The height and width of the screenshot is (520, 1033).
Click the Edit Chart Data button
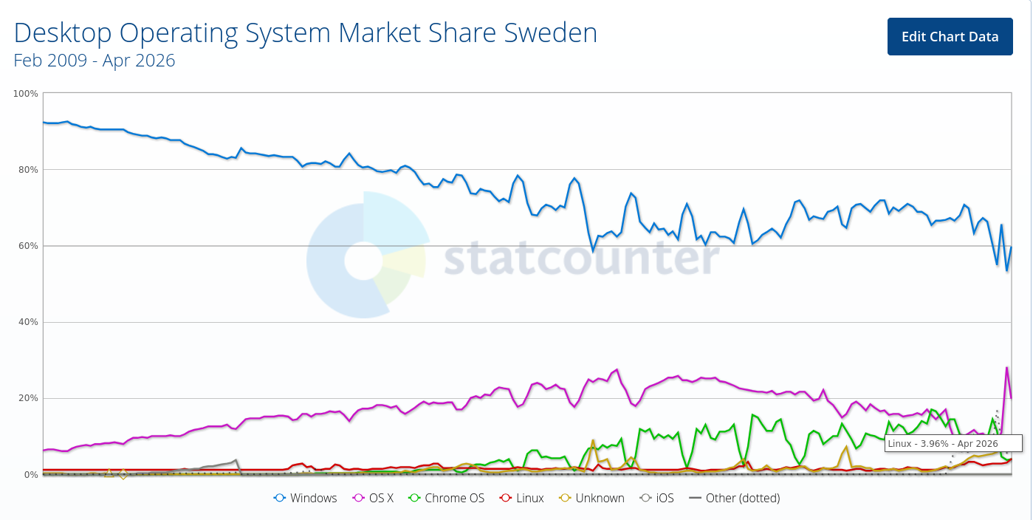click(x=950, y=37)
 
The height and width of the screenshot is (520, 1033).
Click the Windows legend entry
click(x=306, y=498)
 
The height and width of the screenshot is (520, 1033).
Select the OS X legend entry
click(x=374, y=498)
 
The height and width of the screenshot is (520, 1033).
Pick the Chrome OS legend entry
click(x=447, y=498)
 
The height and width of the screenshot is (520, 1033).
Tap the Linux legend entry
click(x=522, y=498)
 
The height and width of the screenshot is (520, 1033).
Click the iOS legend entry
click(x=657, y=498)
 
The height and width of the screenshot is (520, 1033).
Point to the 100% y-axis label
click(x=26, y=94)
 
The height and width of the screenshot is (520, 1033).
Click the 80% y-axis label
click(x=28, y=170)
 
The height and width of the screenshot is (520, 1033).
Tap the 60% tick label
click(x=28, y=246)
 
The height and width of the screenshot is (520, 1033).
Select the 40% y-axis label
click(x=28, y=322)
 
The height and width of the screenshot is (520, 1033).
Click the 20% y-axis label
click(x=28, y=398)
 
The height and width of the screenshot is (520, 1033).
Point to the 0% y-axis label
click(x=30, y=474)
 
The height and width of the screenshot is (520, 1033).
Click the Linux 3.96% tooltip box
click(x=953, y=443)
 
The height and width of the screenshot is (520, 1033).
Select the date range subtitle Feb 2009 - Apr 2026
click(x=95, y=61)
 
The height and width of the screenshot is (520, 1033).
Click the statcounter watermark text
click(x=581, y=258)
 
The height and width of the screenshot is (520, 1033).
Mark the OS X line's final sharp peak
click(x=1006, y=368)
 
